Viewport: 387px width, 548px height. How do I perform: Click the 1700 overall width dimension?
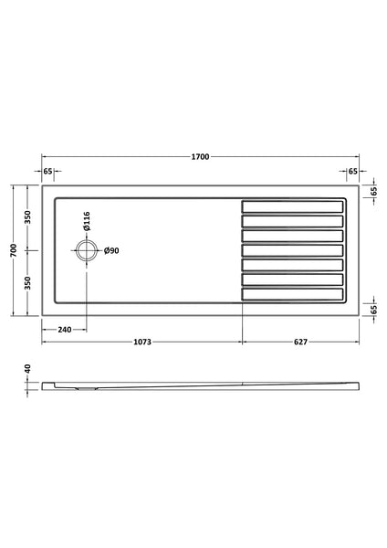click(x=200, y=157)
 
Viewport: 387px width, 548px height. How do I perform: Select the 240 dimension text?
click(x=64, y=330)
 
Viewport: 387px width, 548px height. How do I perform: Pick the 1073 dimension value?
click(x=141, y=342)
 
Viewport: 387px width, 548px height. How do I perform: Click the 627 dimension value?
click(x=299, y=342)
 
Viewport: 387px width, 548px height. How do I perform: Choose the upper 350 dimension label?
click(x=28, y=217)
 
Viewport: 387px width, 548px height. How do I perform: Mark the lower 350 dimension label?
click(x=28, y=282)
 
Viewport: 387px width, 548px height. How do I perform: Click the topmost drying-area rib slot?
click(x=293, y=206)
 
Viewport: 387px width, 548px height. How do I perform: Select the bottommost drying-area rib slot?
click(x=293, y=295)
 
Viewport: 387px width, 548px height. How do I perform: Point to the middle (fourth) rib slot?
click(x=293, y=250)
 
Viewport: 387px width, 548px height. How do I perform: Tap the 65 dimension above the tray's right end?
click(x=352, y=171)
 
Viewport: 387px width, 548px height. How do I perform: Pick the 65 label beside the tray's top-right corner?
click(x=374, y=192)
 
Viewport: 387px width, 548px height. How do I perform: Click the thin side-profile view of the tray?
click(x=201, y=384)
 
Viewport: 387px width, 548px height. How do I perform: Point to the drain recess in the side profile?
click(x=84, y=386)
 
